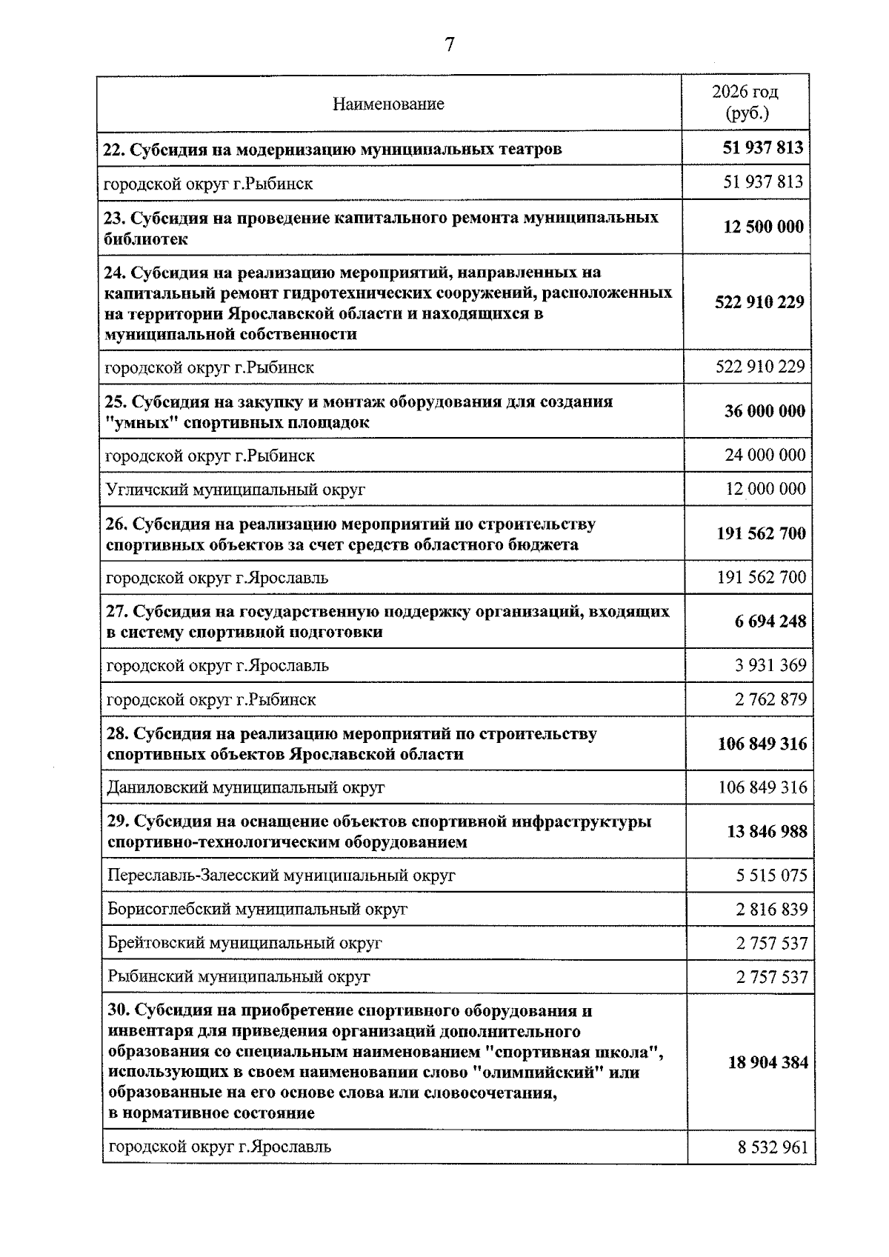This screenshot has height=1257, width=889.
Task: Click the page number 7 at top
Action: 449,45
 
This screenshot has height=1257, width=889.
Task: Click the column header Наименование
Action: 388,104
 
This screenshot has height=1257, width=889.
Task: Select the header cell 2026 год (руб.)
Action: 745,103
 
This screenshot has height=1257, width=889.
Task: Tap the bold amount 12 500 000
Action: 763,227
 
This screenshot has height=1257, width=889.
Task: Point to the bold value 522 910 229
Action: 759,303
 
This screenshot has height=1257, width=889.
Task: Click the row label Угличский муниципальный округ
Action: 236,490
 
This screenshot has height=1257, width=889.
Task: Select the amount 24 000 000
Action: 765,456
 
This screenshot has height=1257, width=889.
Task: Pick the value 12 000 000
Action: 765,490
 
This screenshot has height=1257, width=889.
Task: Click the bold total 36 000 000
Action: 765,412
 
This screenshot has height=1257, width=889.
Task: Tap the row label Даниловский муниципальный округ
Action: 245,787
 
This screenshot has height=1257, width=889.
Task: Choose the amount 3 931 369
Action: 770,666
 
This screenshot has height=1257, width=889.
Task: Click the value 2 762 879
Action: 770,700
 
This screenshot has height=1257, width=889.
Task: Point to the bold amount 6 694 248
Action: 770,622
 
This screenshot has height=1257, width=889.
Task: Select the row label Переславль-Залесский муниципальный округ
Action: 281,876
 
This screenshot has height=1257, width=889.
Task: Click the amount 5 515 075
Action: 771,876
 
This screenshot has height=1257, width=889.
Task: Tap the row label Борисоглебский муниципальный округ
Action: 257,910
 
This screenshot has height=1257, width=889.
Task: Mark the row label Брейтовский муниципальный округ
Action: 244,944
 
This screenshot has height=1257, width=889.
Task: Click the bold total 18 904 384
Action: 768,1063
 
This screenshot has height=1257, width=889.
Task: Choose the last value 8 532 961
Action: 773,1149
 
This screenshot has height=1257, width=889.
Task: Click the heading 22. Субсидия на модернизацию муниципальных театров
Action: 332,149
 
